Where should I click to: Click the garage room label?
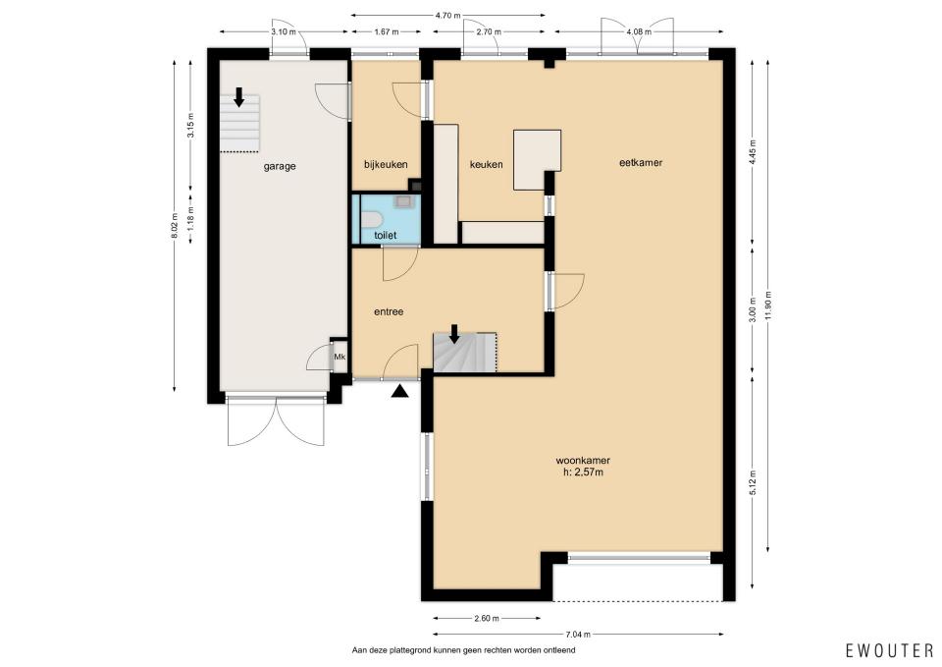(280, 167)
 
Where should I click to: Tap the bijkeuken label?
(386, 164)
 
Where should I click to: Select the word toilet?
(385, 235)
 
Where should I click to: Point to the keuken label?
(486, 164)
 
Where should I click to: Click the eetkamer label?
(641, 162)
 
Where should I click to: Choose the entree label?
(389, 311)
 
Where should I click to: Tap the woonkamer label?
(583, 461)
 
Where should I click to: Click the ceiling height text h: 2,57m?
(583, 472)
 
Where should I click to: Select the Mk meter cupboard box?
(340, 357)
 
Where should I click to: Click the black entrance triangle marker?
(399, 392)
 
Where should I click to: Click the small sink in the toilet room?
(402, 200)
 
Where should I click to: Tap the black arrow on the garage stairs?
(239, 97)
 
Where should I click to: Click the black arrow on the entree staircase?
(454, 334)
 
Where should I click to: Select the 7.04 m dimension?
(577, 634)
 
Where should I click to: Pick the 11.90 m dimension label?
(768, 306)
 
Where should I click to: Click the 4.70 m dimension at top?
(447, 16)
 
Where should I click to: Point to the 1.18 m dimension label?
(191, 217)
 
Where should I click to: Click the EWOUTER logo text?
(889, 650)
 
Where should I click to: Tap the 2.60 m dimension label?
(486, 618)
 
